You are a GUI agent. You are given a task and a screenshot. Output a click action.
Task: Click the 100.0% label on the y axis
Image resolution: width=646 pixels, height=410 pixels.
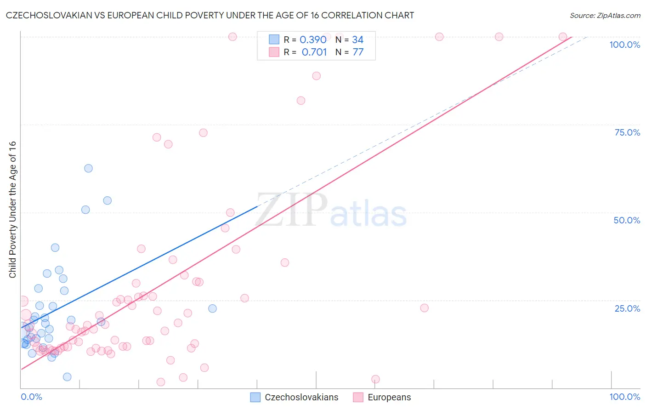(x=624, y=45)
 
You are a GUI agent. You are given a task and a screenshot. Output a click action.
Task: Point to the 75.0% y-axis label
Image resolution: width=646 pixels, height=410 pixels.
(x=627, y=132)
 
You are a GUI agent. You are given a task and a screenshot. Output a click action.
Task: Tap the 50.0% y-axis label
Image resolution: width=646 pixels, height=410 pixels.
(x=627, y=220)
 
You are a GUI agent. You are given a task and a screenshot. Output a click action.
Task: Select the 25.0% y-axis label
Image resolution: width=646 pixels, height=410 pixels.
(x=627, y=308)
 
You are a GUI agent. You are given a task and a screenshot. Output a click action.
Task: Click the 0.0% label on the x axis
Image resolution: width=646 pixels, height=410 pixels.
(x=31, y=397)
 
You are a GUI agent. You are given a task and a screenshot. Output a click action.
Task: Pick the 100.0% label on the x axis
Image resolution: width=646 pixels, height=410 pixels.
(x=624, y=397)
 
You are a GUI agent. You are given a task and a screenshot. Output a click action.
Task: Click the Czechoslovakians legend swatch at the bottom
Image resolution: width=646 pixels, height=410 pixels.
(x=255, y=397)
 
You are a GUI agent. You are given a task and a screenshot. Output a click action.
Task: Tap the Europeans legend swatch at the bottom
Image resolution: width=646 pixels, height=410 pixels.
(x=358, y=397)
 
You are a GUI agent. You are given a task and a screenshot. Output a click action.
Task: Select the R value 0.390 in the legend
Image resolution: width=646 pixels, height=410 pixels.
(x=313, y=40)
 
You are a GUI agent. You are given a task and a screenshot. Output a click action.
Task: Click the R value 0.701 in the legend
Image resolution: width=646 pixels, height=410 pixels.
(x=314, y=52)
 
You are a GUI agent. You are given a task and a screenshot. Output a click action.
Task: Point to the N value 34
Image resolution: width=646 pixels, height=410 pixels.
(x=357, y=40)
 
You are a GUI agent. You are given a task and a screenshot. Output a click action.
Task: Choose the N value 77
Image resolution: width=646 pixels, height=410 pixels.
(x=358, y=52)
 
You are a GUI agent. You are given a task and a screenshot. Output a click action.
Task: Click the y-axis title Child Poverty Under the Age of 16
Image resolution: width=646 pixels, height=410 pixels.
(x=13, y=209)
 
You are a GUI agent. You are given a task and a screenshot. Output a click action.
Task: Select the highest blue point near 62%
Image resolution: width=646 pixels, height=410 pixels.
(x=88, y=168)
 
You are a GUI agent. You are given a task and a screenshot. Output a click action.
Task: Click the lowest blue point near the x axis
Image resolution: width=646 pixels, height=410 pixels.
(x=67, y=377)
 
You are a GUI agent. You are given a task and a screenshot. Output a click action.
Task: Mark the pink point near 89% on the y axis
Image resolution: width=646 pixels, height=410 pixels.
(x=316, y=76)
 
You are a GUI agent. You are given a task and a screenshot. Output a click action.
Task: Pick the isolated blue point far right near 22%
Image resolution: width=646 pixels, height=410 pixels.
(x=212, y=308)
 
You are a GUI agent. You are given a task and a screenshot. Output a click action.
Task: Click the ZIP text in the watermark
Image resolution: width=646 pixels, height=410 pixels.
(x=291, y=210)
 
